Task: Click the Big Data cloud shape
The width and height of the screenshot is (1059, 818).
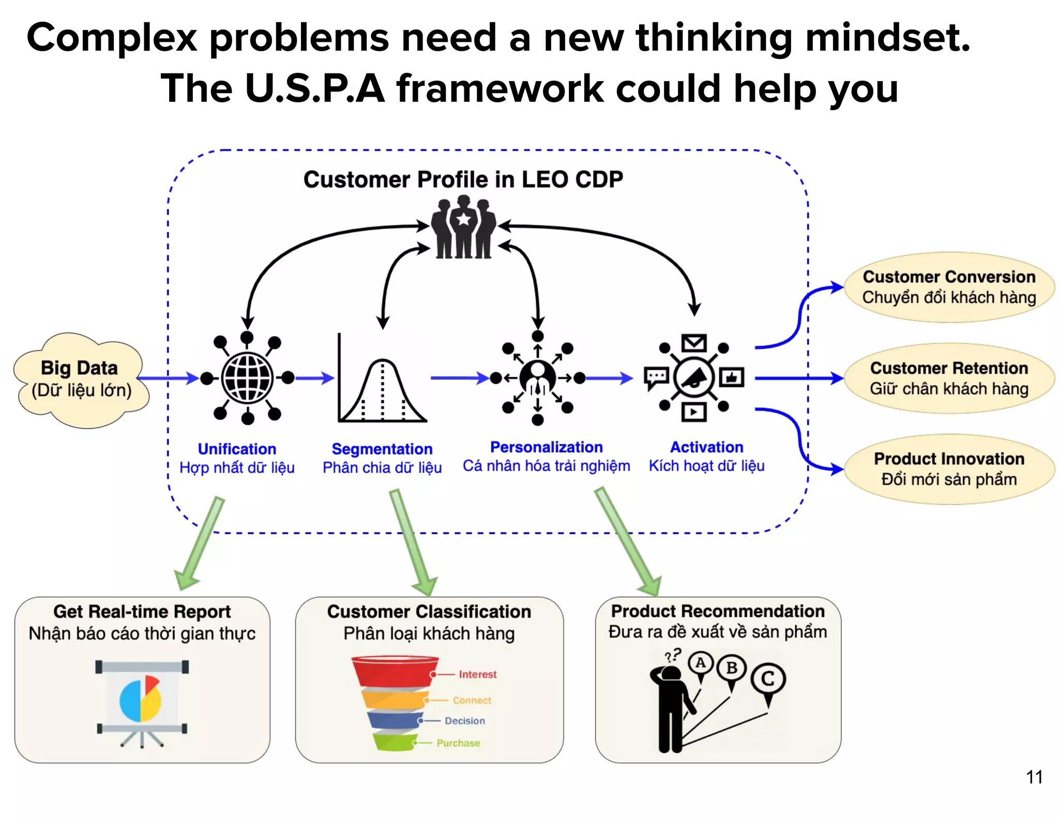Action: click(x=81, y=380)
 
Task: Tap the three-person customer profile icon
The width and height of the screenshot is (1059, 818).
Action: click(x=463, y=228)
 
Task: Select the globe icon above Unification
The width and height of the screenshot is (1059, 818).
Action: click(x=247, y=378)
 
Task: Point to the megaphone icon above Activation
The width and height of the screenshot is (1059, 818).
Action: click(x=694, y=378)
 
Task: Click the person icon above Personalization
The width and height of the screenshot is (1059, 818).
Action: click(x=538, y=377)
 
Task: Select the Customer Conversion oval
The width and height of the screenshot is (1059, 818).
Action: click(x=949, y=287)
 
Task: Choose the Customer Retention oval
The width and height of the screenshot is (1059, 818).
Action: click(x=949, y=378)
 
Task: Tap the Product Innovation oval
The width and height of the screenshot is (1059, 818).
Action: click(x=949, y=469)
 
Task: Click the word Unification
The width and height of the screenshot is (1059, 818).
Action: click(x=237, y=448)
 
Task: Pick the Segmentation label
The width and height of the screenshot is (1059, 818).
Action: click(x=382, y=448)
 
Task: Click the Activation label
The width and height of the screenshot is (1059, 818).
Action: click(x=706, y=447)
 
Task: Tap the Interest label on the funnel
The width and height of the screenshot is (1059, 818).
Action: click(x=477, y=674)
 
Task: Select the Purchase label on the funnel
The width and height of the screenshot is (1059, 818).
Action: click(x=458, y=743)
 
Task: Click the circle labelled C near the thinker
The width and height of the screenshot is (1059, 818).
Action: click(x=768, y=678)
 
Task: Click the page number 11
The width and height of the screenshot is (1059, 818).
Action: click(x=1034, y=777)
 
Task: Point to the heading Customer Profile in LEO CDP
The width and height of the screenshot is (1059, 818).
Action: click(x=463, y=179)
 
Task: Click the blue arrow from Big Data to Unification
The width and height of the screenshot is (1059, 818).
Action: click(x=168, y=378)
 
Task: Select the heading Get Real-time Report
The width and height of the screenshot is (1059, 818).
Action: click(x=142, y=612)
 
